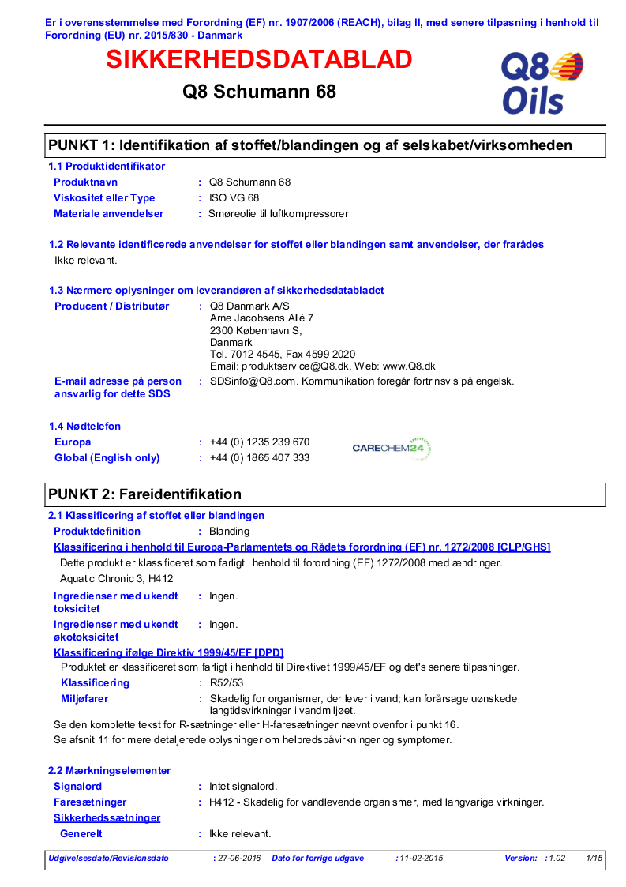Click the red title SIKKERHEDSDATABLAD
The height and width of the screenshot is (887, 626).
[259, 60]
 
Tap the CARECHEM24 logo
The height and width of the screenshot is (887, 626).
[392, 449]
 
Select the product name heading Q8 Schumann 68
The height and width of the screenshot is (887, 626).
[259, 92]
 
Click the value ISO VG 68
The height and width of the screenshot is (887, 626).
[234, 198]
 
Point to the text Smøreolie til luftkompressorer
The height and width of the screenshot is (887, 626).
[278, 214]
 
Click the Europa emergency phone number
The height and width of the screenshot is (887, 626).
[260, 442]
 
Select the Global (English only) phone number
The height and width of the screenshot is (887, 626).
[260, 458]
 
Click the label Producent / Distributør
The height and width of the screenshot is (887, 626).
[111, 306]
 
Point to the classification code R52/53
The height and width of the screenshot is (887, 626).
[225, 683]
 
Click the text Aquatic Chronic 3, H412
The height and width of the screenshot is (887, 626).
[116, 579]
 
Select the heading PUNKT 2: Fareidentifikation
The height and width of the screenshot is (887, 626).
[145, 494]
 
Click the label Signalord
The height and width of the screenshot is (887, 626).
[77, 787]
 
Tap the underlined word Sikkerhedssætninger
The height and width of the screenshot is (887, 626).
[107, 818]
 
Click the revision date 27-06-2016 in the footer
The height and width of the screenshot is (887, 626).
[239, 858]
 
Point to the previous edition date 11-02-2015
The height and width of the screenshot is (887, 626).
[421, 858]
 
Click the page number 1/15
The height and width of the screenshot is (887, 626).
[594, 858]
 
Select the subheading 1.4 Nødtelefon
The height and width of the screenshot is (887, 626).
[84, 427]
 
